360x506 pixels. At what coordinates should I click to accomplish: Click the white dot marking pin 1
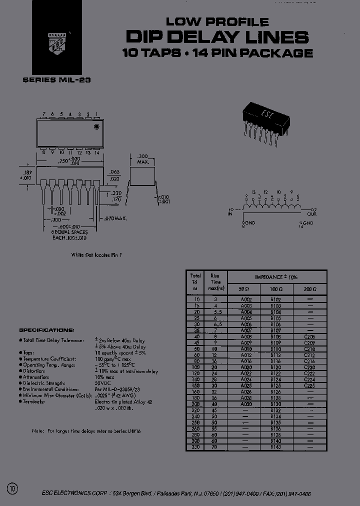pyautogui.click(x=96, y=127)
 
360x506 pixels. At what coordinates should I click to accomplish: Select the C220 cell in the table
pyautogui.click(x=309, y=367)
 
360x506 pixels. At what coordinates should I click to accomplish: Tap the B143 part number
pyautogui.click(x=275, y=446)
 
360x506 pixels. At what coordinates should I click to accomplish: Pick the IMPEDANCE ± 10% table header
pyautogui.click(x=276, y=276)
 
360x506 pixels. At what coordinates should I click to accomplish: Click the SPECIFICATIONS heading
pyautogui.click(x=46, y=330)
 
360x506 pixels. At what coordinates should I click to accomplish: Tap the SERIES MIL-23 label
pyautogui.click(x=56, y=80)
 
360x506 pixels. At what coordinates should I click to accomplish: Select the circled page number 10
pyautogui.click(x=12, y=488)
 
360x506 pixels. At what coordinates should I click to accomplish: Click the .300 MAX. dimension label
pyautogui.click(x=142, y=159)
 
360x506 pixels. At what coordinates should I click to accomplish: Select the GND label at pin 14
pyautogui.click(x=308, y=223)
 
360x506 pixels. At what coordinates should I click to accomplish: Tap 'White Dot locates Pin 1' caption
pyautogui.click(x=96, y=254)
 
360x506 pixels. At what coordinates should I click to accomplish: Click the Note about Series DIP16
pyautogui.click(x=86, y=431)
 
